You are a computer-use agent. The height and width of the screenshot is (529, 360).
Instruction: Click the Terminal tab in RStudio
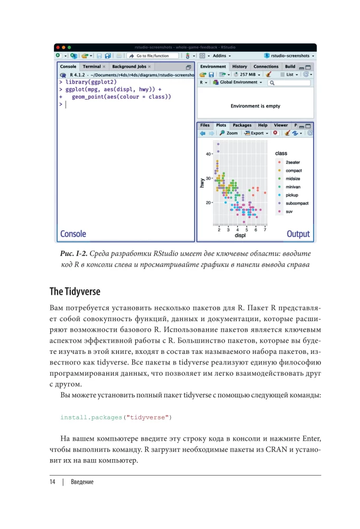point(92,67)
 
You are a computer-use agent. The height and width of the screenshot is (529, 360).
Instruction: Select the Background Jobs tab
point(129,67)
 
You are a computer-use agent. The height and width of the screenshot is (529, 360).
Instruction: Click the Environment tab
point(213,67)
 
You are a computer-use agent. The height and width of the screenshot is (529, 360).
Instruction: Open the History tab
point(239,67)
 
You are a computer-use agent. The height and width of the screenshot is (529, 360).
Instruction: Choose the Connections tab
point(266,67)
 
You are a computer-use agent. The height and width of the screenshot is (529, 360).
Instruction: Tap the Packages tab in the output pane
point(242,125)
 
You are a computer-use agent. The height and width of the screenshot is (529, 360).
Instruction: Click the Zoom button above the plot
point(229,133)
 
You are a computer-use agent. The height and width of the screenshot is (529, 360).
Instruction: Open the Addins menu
point(219,56)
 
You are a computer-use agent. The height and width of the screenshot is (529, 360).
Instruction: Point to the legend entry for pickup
point(292,195)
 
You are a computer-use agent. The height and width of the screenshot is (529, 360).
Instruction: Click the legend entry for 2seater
point(293,162)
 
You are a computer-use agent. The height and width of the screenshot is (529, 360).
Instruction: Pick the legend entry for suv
point(289,212)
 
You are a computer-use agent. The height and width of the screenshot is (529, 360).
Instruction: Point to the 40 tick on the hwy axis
point(208,154)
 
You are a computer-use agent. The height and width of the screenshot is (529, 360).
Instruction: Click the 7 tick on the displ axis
point(265,230)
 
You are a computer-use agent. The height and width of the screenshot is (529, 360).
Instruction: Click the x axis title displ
point(240,235)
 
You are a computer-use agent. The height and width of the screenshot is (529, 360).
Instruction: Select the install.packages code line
point(116,417)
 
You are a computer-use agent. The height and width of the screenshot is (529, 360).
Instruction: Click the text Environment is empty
point(255,106)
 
